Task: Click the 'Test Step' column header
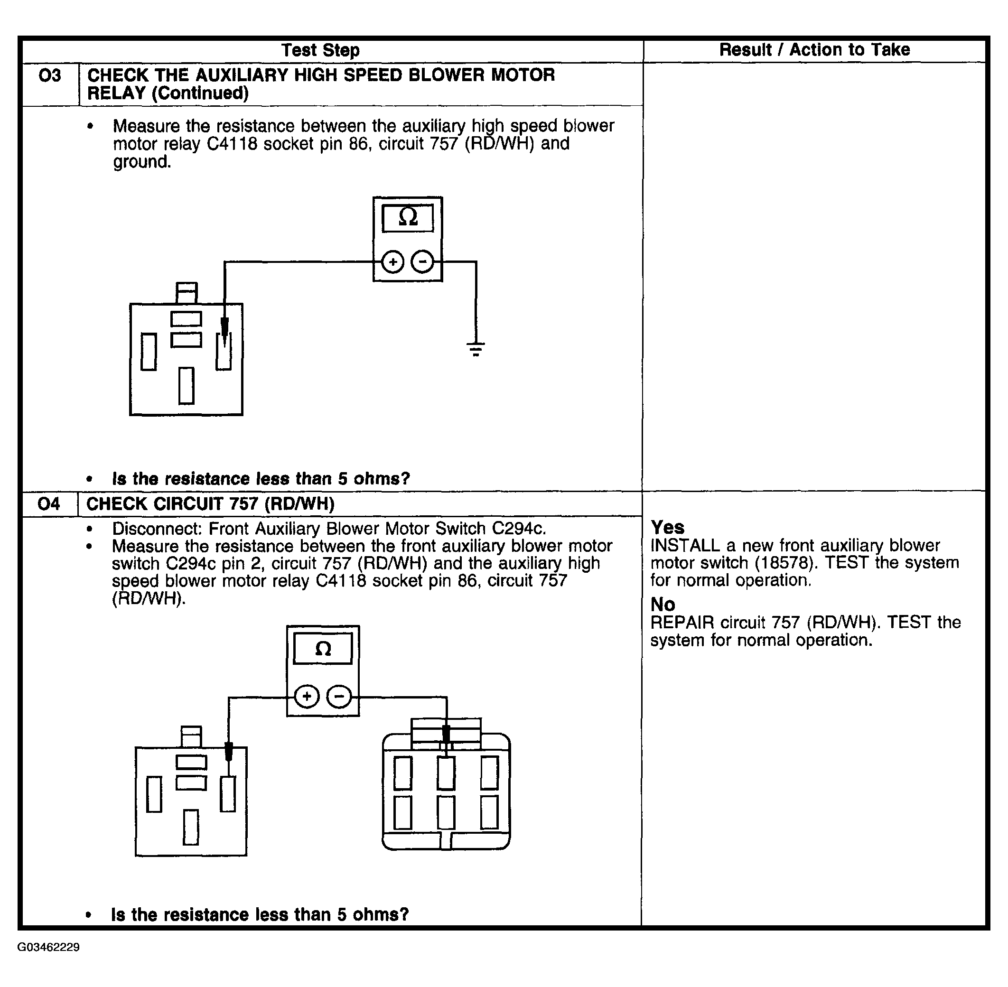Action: [320, 50]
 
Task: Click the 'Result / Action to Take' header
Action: [814, 50]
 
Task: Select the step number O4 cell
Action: [49, 504]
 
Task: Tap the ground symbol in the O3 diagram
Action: [476, 348]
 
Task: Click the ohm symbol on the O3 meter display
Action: [408, 217]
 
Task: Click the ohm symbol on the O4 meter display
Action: [323, 649]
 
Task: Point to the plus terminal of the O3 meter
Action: [392, 262]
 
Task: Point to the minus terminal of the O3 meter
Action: [422, 262]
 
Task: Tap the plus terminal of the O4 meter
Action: [307, 696]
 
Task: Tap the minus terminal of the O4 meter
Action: [339, 696]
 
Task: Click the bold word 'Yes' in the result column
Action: [667, 528]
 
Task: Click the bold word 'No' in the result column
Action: [663, 605]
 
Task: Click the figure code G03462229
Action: [48, 948]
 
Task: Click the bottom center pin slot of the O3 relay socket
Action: [186, 386]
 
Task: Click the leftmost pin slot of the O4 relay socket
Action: [154, 794]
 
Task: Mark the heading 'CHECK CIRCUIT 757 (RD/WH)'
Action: [210, 504]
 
